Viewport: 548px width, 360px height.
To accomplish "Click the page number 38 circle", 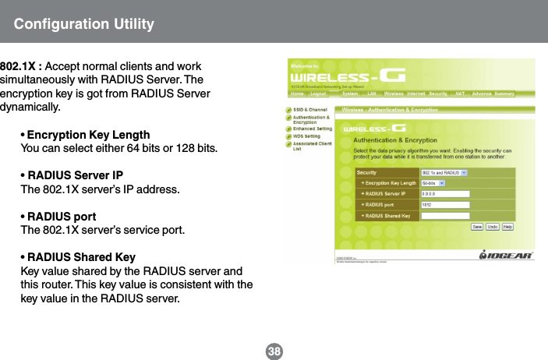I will tap(274, 351).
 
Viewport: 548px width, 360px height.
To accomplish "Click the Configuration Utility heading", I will tap(83, 23).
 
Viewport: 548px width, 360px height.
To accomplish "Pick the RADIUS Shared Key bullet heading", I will tap(81, 257).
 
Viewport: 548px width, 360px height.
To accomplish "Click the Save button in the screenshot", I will tap(477, 227).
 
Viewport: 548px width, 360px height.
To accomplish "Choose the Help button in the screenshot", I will tap(507, 227).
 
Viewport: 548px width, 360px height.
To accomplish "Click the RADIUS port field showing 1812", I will tap(444, 204).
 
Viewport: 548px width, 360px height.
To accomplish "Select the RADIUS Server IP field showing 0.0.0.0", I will tap(444, 194).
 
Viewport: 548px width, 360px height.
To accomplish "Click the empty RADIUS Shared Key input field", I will tap(444, 215).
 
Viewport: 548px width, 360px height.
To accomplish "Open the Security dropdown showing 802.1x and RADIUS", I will tap(444, 172).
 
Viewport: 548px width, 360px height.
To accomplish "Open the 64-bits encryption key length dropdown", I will tap(433, 184).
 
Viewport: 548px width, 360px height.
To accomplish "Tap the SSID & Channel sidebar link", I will tap(309, 110).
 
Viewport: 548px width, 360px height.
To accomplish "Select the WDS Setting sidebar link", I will tap(307, 136).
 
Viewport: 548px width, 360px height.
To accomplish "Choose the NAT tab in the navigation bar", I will tap(460, 94).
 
